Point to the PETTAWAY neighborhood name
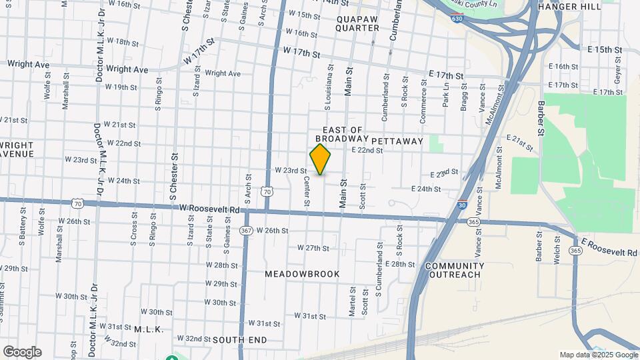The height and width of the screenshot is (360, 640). [397, 141]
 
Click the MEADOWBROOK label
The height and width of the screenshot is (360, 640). [302, 274]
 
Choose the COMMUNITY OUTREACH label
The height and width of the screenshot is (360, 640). [455, 270]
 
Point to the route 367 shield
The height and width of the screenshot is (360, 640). [246, 231]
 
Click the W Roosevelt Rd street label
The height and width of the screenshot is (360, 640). [209, 209]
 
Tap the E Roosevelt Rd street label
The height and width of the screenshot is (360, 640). [609, 246]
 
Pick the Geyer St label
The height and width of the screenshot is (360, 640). [618, 73]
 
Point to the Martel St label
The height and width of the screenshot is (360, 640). [351, 301]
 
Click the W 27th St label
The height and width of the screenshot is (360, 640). [313, 248]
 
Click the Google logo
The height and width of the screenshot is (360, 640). [22, 352]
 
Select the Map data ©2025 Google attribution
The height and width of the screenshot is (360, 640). [598, 355]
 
